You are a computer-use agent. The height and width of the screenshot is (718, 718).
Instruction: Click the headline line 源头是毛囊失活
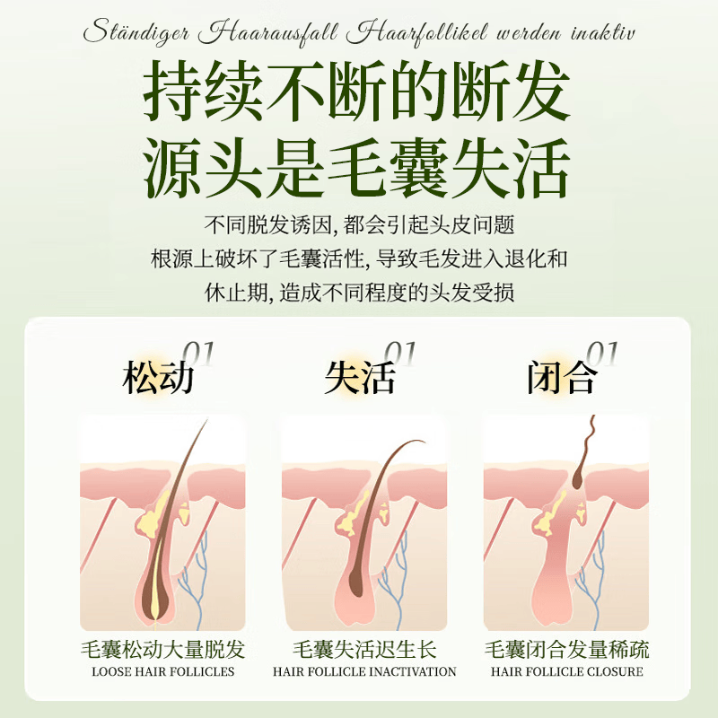[358, 166]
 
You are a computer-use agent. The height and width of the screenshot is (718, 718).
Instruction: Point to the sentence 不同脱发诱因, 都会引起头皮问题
[359, 225]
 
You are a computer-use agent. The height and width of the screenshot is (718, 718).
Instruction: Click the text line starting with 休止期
[358, 293]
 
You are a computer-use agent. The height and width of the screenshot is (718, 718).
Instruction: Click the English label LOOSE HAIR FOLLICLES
[162, 671]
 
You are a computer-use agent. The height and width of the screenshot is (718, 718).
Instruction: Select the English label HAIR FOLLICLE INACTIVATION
[364, 671]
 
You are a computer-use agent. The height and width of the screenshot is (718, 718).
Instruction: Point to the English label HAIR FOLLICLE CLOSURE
[566, 671]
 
